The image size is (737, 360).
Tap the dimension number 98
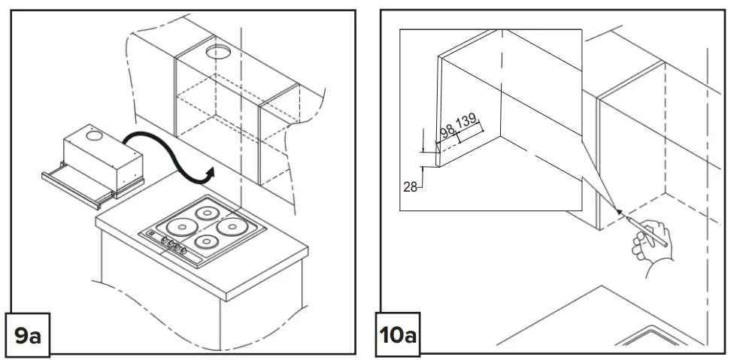(x=447, y=132)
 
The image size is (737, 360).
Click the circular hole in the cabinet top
(x=218, y=53)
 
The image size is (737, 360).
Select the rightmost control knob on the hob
(x=184, y=247)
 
